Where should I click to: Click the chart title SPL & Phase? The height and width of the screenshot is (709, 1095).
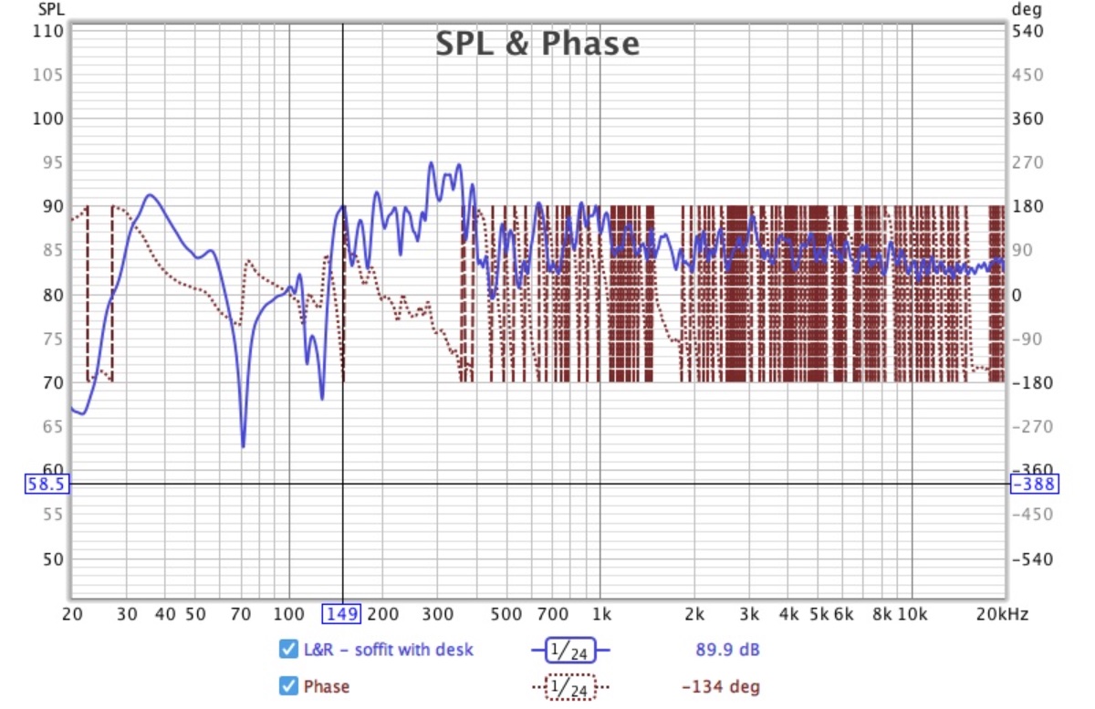tap(537, 43)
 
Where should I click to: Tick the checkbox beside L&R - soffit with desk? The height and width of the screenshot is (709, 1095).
tap(287, 650)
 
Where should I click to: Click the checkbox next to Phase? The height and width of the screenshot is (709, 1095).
tap(287, 686)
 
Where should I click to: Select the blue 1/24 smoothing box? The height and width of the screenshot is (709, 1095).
tap(570, 650)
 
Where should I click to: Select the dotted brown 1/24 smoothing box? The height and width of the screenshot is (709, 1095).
tap(570, 686)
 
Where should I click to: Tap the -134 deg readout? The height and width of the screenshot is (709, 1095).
tap(720, 686)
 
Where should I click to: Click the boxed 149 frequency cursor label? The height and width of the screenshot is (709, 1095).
tap(342, 614)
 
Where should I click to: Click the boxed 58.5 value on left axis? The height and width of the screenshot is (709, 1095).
tap(46, 484)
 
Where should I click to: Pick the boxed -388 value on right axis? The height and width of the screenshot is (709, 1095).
tap(1034, 484)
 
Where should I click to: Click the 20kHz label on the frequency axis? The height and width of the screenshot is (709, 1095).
tap(1001, 614)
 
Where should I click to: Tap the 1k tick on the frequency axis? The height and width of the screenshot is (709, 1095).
tap(600, 614)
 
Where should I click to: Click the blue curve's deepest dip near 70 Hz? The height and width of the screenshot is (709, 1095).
tap(244, 446)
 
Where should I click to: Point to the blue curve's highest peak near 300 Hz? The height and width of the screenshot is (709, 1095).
tap(432, 164)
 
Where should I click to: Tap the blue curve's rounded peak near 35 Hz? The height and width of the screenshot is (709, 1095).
tap(150, 194)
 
